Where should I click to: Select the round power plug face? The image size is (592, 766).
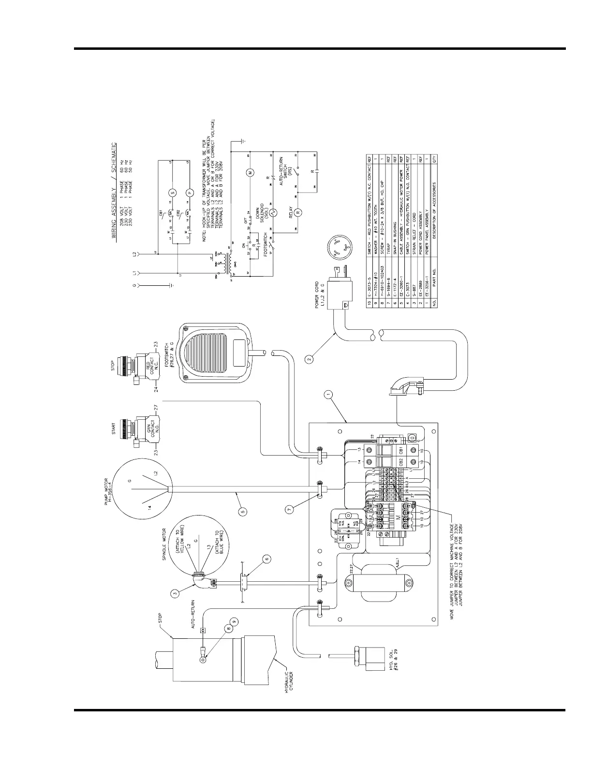[x=340, y=251]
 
